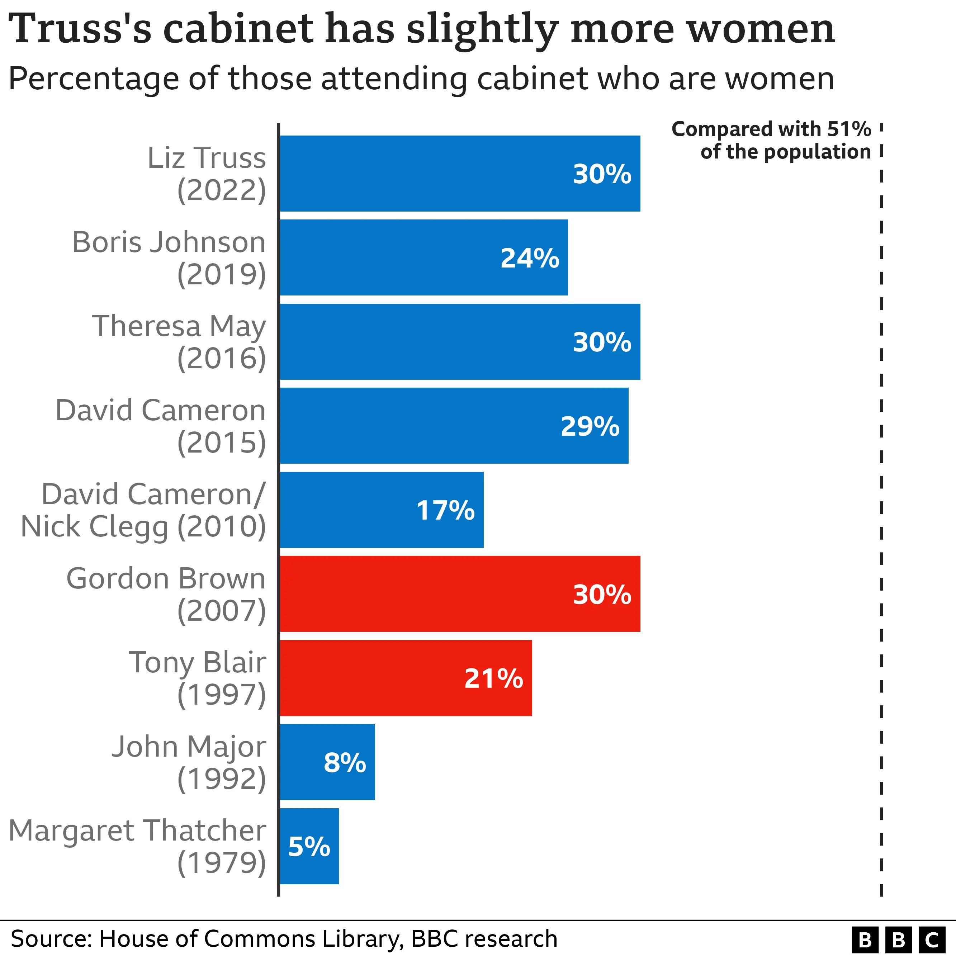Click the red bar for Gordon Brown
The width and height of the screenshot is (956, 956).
[x=460, y=594]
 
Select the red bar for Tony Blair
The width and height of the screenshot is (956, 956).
[x=406, y=678]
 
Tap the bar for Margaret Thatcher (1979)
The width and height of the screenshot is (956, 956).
[x=309, y=846]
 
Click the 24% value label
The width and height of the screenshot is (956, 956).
[x=530, y=258]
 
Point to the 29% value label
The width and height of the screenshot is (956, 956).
[x=590, y=426]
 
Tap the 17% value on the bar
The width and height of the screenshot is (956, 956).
[x=445, y=511]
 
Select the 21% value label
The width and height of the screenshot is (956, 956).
[x=493, y=678]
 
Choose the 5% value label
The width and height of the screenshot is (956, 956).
[x=309, y=847]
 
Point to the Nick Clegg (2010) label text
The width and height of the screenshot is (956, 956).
[x=143, y=526]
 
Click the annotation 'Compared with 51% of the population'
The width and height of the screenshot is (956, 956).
[x=771, y=141]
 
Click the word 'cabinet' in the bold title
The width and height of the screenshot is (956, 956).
[x=237, y=29]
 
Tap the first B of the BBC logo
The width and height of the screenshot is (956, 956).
[x=865, y=939]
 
